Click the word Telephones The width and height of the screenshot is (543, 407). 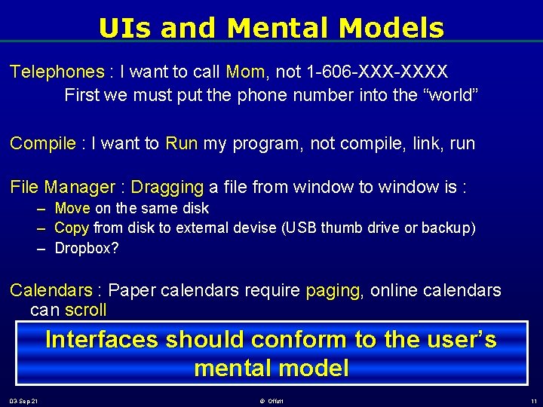tap(57, 72)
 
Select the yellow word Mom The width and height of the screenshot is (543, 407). tap(245, 72)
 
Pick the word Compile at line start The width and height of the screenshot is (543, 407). tap(43, 144)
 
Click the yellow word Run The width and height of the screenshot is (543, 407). tap(181, 144)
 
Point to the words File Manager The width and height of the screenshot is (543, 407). tap(63, 187)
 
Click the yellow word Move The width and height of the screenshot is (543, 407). tap(72, 208)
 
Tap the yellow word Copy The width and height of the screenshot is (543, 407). tap(72, 228)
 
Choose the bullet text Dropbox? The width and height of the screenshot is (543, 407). tap(87, 248)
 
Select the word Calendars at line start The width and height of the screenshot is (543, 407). tap(51, 290)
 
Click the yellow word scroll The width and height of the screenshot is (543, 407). tap(85, 311)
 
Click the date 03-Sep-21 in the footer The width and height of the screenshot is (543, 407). tap(24, 400)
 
